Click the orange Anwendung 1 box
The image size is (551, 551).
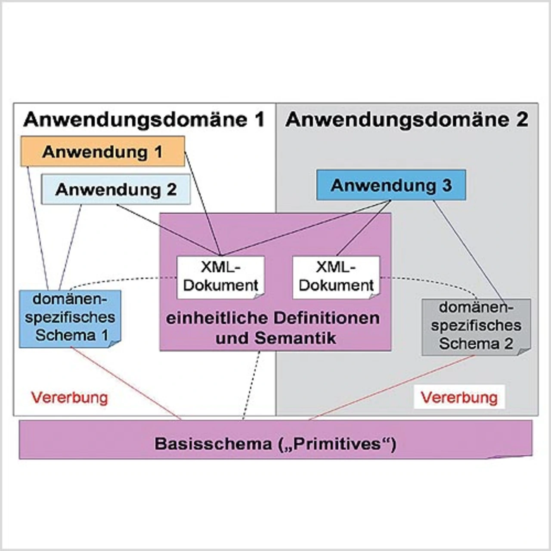click(102, 152)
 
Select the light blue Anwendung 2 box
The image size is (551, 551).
click(115, 189)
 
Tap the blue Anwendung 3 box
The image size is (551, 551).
click(391, 185)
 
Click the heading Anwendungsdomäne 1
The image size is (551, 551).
click(144, 120)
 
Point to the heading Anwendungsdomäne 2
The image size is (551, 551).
click(406, 120)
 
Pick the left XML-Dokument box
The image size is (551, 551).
click(220, 277)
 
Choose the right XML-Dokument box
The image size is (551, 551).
click(336, 277)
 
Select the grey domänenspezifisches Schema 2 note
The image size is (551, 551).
click(476, 326)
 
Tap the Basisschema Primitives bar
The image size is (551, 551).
click(275, 443)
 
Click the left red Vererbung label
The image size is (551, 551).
click(69, 397)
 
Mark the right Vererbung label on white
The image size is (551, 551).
click(459, 397)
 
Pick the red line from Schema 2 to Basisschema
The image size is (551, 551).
click(392, 387)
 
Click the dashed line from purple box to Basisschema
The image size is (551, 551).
click(252, 383)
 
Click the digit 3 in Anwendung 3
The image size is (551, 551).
click(446, 185)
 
